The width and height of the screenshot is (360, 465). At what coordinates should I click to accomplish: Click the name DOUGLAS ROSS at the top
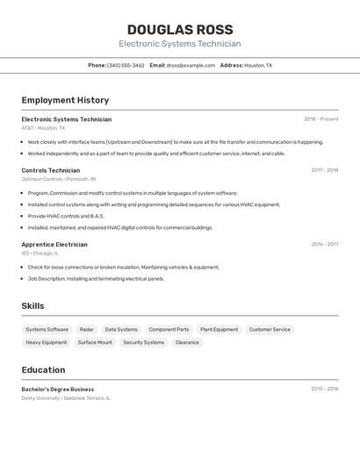click(x=179, y=29)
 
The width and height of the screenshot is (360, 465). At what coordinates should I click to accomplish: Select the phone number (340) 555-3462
click(x=126, y=65)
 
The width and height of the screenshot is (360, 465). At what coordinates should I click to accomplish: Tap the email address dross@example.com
click(x=191, y=65)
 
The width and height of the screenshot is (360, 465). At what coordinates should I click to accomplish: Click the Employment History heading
click(x=65, y=100)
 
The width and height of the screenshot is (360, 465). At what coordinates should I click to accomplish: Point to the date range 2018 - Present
click(x=320, y=119)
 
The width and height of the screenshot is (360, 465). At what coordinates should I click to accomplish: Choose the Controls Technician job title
click(x=50, y=170)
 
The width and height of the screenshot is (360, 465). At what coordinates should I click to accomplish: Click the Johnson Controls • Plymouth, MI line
click(x=59, y=179)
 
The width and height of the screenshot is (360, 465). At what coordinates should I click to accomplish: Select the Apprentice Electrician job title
click(x=54, y=245)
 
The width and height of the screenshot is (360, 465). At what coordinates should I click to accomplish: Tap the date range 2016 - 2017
click(x=324, y=245)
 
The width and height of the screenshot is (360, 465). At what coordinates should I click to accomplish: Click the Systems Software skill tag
click(x=47, y=330)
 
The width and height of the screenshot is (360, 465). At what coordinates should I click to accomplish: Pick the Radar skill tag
click(x=86, y=330)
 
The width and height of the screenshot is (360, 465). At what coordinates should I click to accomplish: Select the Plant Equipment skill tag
click(x=219, y=330)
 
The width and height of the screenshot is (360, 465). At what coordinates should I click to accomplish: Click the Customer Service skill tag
click(x=270, y=330)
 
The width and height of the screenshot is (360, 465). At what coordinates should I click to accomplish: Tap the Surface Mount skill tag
click(x=95, y=343)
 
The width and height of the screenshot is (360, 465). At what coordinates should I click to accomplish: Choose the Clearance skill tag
click(x=187, y=343)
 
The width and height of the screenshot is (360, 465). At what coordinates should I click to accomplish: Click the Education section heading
click(x=43, y=370)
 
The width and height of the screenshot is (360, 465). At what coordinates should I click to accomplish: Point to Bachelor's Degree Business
click(x=57, y=390)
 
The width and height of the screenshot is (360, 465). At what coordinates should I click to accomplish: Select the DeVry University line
click(x=66, y=398)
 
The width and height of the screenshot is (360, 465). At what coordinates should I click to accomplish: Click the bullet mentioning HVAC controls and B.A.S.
click(x=66, y=216)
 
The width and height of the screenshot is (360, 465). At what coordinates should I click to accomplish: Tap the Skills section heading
click(x=33, y=306)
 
